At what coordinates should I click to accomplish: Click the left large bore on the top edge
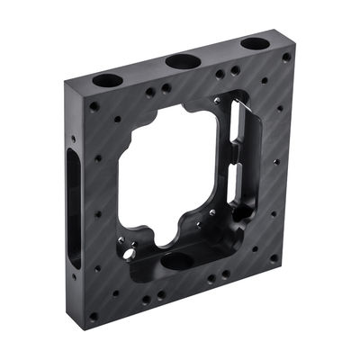pos(107,79)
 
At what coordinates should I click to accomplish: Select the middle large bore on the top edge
pos(183,60)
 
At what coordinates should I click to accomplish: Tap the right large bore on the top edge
pos(255,43)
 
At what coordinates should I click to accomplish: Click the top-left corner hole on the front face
pos(94,106)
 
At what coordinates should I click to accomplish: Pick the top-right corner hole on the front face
pos(286,57)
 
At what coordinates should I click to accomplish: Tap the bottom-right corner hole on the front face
pos(274,258)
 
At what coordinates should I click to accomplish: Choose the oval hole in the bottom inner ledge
pos(177,261)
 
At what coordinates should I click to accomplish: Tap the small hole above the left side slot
pos(74,139)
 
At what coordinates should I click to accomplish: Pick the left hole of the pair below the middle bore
pos(149,92)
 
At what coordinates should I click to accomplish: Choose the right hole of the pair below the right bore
pos(235,69)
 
